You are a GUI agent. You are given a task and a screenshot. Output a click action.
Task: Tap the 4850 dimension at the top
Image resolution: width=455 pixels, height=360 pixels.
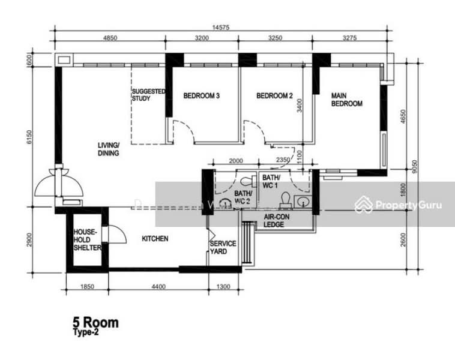click(110, 38)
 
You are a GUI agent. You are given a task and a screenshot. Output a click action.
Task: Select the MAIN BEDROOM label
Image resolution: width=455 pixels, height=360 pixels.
click(347, 99)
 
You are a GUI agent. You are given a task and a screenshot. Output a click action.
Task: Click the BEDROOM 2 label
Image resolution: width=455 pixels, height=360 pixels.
click(274, 95)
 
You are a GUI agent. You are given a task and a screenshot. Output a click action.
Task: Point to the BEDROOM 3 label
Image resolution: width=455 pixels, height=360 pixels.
click(201, 95)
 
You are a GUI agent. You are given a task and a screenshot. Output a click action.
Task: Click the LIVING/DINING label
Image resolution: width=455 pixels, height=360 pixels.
click(109, 149)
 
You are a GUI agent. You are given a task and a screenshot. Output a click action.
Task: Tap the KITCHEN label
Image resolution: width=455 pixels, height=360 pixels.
click(154, 239)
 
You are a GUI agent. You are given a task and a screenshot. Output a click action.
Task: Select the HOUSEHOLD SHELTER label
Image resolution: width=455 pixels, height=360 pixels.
click(87, 239)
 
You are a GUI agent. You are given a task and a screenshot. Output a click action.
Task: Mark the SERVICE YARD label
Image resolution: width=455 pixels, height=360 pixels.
click(223, 247)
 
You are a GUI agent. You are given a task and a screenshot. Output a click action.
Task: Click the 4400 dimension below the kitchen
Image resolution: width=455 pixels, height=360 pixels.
click(158, 287)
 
